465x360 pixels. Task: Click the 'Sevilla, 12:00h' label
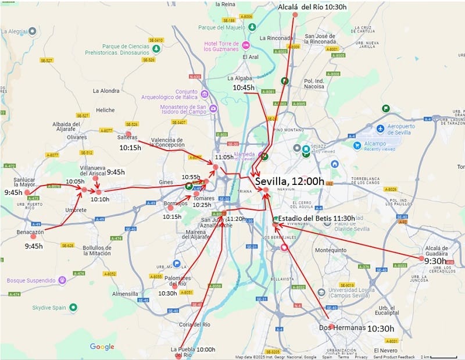click(289, 181)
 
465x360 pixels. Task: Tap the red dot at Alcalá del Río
click(295, 15)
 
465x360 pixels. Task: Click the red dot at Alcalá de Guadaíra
click(422, 258)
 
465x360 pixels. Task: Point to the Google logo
click(102, 347)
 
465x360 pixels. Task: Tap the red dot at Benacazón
click(33, 236)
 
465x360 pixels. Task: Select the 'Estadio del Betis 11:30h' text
click(316, 218)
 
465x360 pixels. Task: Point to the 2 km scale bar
click(444, 357)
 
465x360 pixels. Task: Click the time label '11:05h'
click(224, 157)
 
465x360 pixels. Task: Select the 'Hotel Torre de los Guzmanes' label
click(221, 46)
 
